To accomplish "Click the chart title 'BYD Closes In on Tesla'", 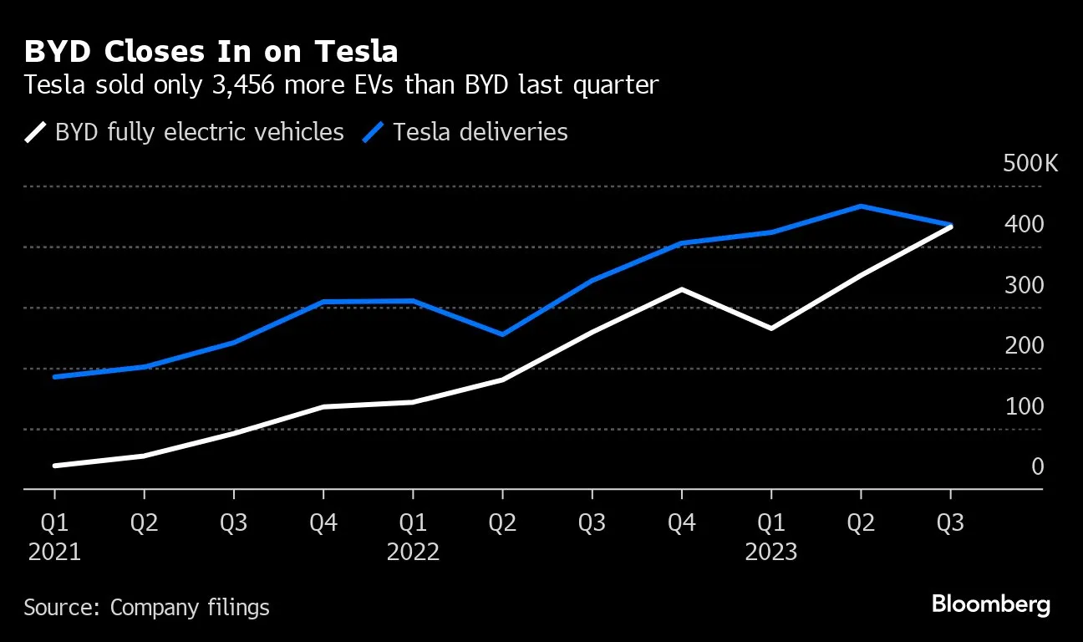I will (211, 52).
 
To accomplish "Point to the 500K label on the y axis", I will (1030, 163).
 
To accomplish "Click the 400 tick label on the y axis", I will (1024, 224).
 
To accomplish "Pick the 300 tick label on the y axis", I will (1024, 285).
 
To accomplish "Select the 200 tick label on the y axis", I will (1024, 345).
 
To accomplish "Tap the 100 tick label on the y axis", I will (1024, 406).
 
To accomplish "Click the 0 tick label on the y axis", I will (1037, 466).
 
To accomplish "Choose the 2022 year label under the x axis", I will (413, 553).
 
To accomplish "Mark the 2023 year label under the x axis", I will (770, 553).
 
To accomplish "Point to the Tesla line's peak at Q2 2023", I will (861, 206).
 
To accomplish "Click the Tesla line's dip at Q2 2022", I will (502, 334).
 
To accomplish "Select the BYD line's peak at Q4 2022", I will (682, 289).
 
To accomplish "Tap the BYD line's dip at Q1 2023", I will (770, 329).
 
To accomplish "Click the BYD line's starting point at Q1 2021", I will (54, 466).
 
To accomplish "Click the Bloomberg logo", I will (990, 605).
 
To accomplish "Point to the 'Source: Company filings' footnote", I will (146, 607).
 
